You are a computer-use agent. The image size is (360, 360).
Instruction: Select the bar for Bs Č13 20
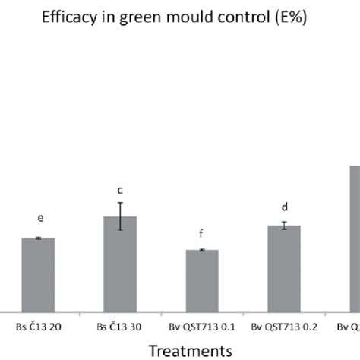(38, 273)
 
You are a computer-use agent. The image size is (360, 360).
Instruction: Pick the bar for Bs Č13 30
(120, 263)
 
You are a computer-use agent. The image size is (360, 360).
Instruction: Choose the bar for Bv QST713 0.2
(284, 267)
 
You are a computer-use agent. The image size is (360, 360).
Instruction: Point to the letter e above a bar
(40, 218)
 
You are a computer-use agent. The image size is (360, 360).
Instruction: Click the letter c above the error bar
(120, 191)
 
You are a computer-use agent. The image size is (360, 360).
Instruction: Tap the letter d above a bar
(285, 207)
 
